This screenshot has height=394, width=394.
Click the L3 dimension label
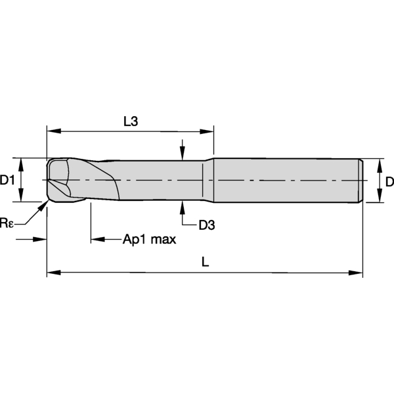[131, 121]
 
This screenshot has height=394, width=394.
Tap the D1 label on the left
[7, 180]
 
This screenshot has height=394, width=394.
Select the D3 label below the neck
[207, 225]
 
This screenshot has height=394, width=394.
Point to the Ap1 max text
[150, 240]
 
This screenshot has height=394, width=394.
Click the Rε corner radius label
[7, 223]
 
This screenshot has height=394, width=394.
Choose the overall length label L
[206, 262]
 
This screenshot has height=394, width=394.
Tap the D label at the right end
[389, 182]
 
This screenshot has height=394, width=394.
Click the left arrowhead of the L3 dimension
[54, 131]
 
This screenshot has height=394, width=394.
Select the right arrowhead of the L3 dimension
[207, 131]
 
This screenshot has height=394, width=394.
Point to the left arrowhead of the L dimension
[54, 273]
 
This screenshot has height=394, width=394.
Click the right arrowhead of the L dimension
[355, 273]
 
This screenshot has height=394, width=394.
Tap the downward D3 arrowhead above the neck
[183, 153]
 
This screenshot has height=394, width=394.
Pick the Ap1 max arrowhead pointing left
[98, 239]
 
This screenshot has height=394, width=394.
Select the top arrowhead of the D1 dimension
[21, 165]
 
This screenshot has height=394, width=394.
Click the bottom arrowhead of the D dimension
[380, 195]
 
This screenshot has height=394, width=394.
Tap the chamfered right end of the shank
[361, 181]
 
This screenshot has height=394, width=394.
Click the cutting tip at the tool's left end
[48, 180]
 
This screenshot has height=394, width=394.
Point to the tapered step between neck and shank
[209, 180]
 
